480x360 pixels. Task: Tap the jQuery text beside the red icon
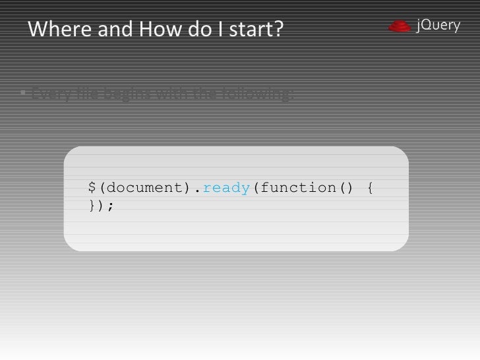(x=438, y=26)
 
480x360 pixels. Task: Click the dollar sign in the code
(x=92, y=188)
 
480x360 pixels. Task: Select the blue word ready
(x=226, y=188)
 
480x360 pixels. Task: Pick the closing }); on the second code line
(x=101, y=206)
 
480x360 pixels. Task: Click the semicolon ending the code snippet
(x=110, y=206)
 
